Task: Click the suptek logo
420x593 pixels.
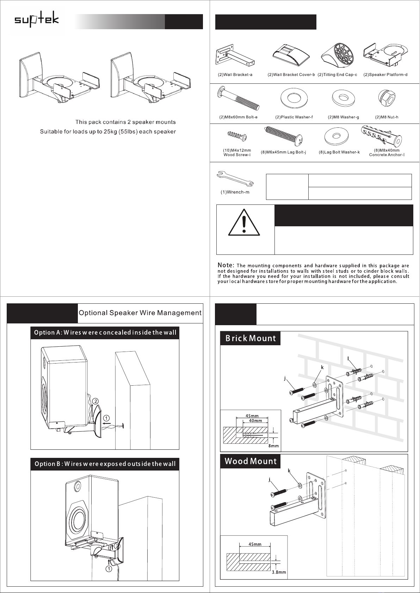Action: point(37,20)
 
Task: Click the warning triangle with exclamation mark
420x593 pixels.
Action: point(244,223)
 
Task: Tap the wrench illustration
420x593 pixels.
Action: point(235,179)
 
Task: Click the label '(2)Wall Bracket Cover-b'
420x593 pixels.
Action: point(291,75)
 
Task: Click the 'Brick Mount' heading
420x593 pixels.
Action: point(251,339)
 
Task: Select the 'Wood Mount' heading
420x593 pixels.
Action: point(251,461)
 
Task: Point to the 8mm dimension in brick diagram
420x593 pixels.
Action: point(273,446)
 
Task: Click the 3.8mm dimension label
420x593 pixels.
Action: point(279,572)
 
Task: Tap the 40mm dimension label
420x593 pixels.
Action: point(255,421)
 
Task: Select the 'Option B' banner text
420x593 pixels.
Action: point(105,464)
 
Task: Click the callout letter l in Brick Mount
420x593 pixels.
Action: point(348,358)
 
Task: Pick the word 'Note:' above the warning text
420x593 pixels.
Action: point(226,265)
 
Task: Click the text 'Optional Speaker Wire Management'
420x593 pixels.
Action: point(140,313)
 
